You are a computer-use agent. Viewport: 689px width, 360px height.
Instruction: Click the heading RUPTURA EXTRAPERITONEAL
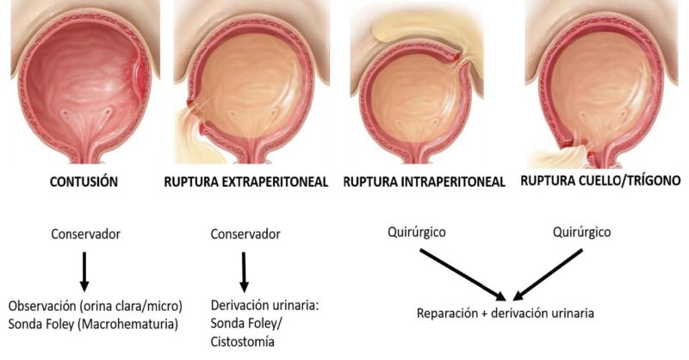coord(249,183)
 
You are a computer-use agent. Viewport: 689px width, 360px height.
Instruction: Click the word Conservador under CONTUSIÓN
coord(84,233)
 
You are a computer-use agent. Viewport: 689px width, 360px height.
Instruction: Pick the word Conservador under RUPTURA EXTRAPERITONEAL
coord(245,233)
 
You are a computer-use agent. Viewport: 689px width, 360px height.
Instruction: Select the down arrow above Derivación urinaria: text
coord(245,271)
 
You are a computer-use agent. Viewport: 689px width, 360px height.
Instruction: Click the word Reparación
coord(449,313)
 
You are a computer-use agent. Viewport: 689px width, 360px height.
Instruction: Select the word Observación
coord(42,306)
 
